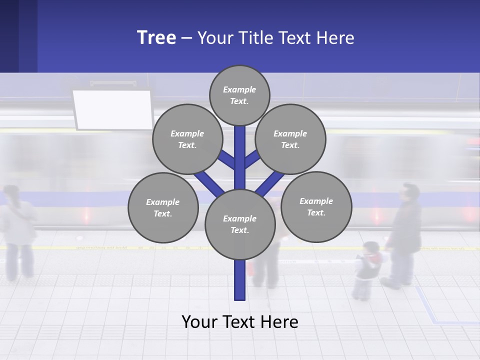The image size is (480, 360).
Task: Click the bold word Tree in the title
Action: coord(156,37)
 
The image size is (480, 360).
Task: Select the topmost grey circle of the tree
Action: coord(239,95)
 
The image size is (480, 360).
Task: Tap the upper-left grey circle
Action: coord(187,139)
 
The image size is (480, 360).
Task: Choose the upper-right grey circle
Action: coord(290,139)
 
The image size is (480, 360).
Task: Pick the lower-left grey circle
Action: coord(162,207)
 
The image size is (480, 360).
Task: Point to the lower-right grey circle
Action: coord(316,206)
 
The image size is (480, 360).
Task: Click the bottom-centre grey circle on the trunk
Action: coord(239,224)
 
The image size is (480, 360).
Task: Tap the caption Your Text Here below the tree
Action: coord(239,321)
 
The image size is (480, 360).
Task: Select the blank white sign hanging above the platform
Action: coord(113,109)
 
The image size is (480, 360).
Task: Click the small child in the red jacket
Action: coord(368,267)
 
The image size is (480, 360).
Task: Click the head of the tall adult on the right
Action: coord(410,192)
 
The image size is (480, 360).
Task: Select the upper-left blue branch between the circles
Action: coord(228,159)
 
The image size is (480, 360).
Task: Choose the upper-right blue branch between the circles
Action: coord(251,159)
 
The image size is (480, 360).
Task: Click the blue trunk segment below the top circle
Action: coord(240,150)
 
